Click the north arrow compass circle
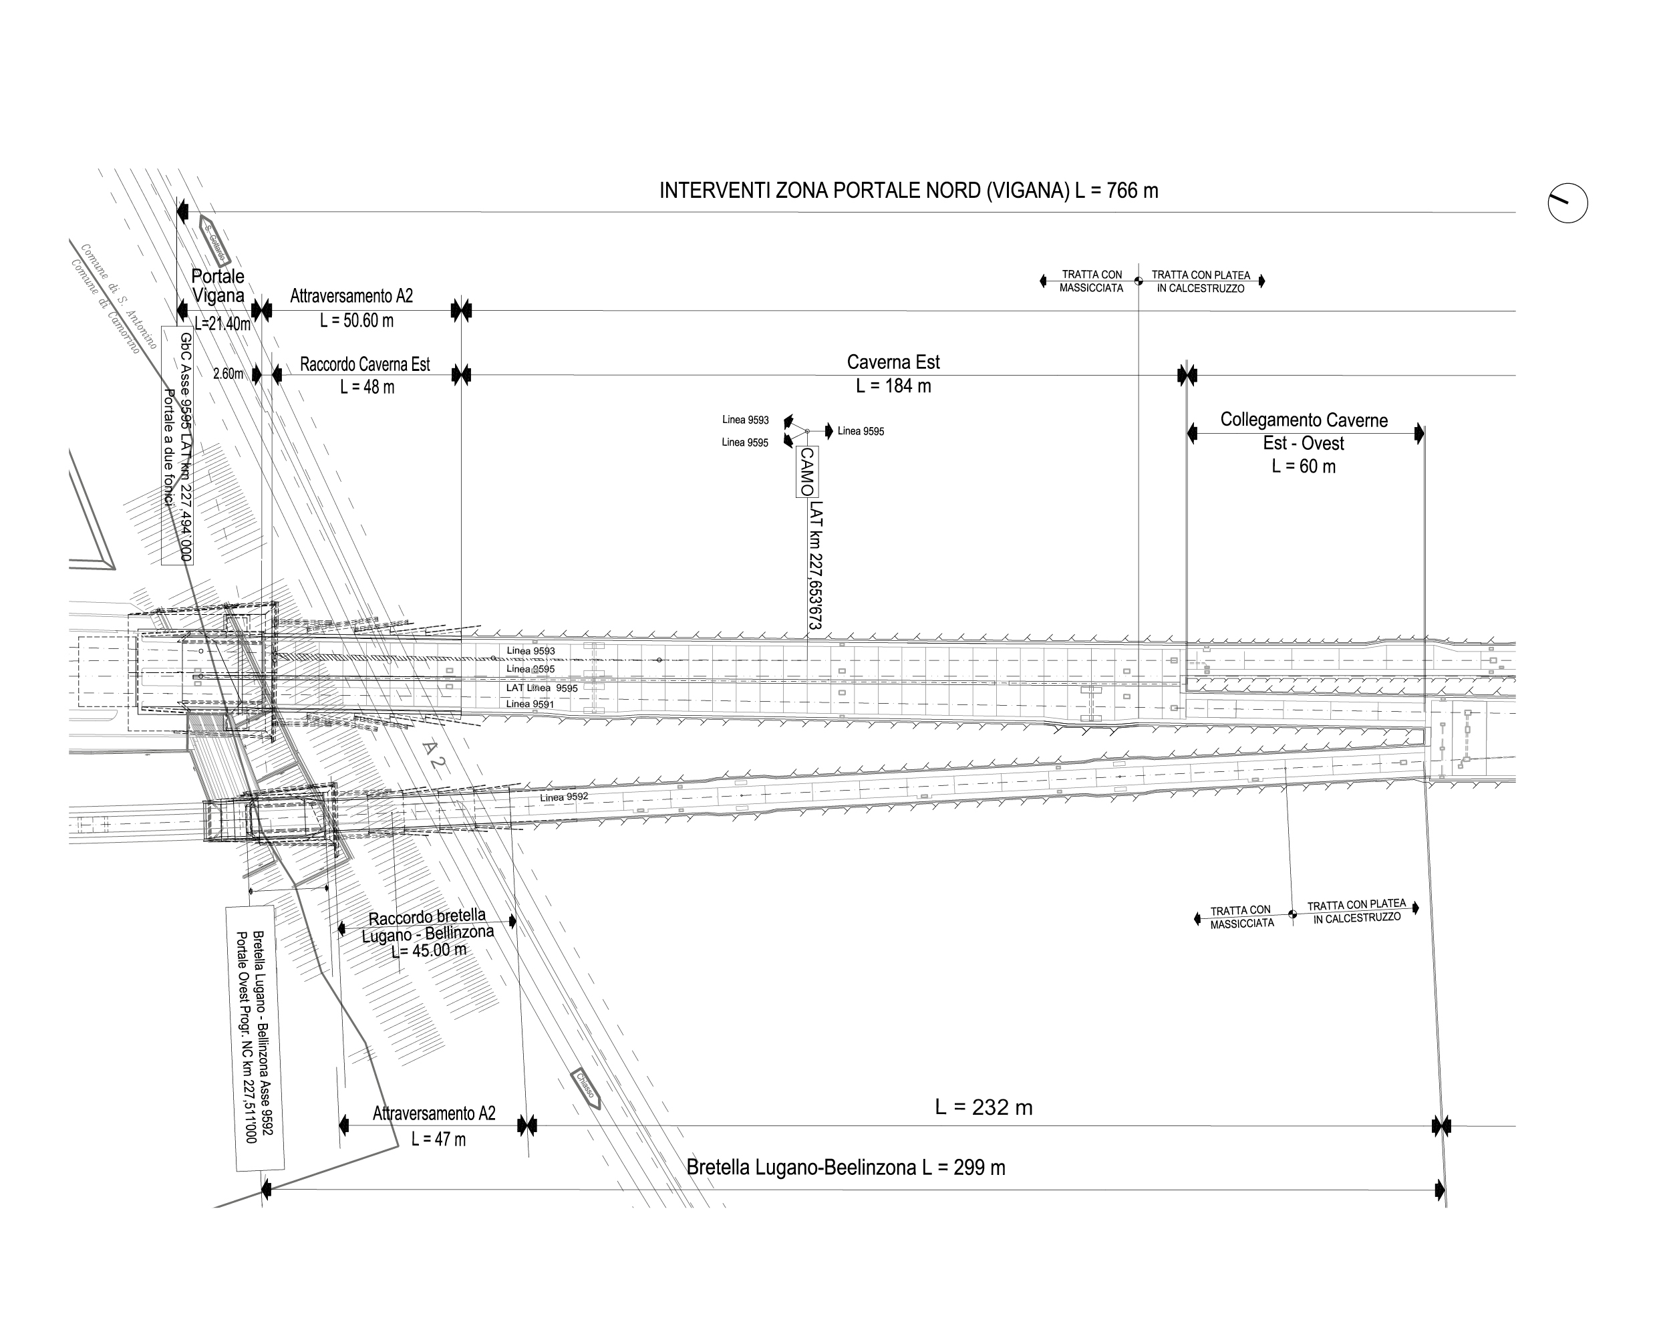click(1567, 204)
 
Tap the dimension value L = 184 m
click(893, 386)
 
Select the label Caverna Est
click(893, 362)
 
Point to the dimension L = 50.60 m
click(356, 320)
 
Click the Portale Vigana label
click(218, 285)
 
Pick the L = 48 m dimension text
click(366, 386)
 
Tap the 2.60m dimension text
click(228, 374)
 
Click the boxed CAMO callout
click(807, 472)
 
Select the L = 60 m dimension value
click(1304, 466)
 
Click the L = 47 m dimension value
click(438, 1139)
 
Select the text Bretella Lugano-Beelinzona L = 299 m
click(845, 1168)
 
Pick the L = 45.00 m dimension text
click(429, 950)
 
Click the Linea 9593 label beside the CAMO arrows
click(745, 420)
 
